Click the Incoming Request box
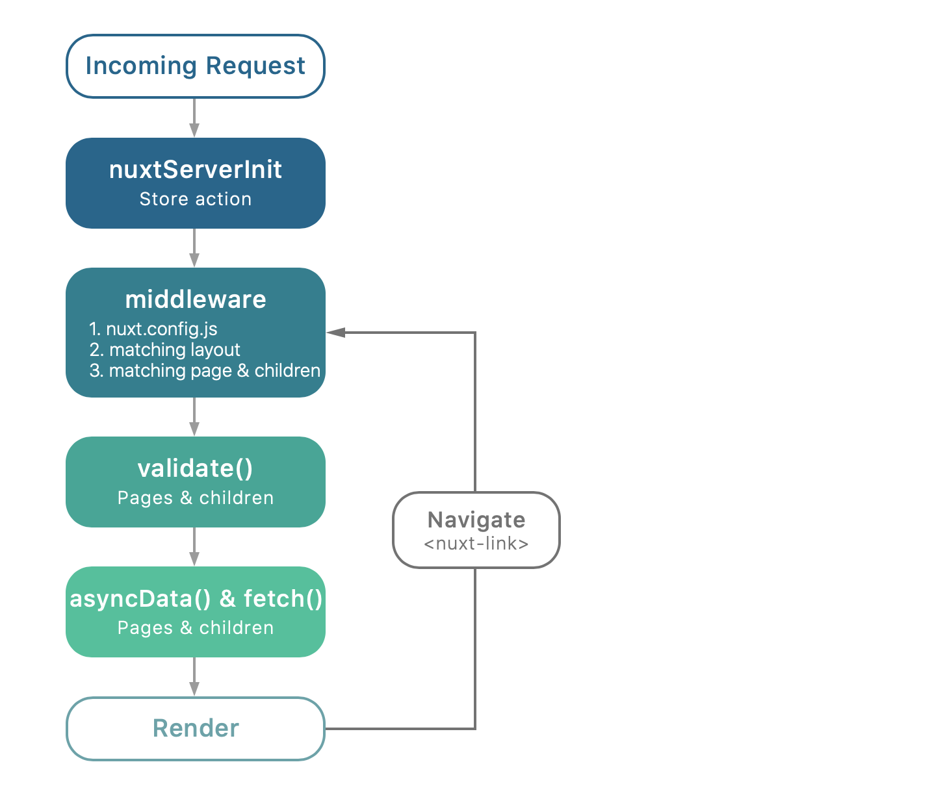[x=195, y=66]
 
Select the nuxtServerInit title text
[x=195, y=170]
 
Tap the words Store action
[x=195, y=199]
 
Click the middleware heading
[x=195, y=299]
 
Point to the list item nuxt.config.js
[x=161, y=329]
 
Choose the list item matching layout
[x=174, y=350]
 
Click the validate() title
[x=195, y=468]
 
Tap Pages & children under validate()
[x=195, y=498]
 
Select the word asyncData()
[x=140, y=599]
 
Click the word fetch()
[x=283, y=599]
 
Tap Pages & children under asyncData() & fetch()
[x=195, y=628]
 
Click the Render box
[x=195, y=729]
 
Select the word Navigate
[x=476, y=520]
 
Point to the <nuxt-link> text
[x=476, y=544]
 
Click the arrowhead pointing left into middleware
[x=335, y=333]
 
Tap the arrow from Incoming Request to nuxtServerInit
[x=194, y=118]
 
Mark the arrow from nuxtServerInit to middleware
[x=194, y=248]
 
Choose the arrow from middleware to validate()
[x=194, y=417]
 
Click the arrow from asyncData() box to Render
[x=194, y=678]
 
